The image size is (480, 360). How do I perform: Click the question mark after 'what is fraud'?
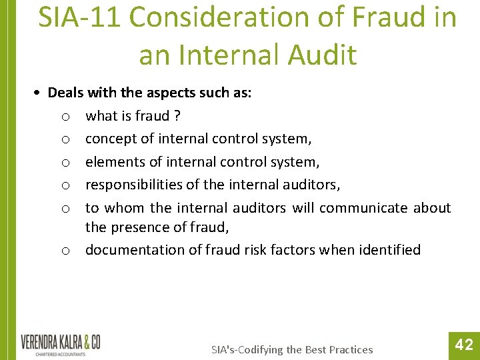(x=177, y=116)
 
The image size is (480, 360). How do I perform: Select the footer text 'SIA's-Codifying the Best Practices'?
(x=292, y=349)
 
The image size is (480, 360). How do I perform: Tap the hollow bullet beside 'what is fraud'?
(x=65, y=117)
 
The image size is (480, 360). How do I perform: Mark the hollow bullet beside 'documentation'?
(x=65, y=251)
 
